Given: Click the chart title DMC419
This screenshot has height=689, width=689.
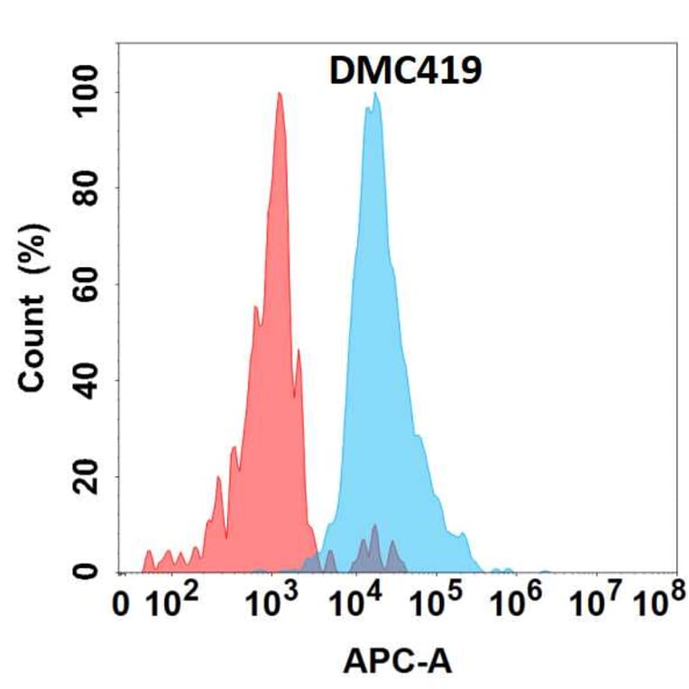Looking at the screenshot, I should [404, 71].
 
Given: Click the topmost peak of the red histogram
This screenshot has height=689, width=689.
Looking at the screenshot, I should [280, 93].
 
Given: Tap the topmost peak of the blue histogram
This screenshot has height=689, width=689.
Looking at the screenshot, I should [375, 93].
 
